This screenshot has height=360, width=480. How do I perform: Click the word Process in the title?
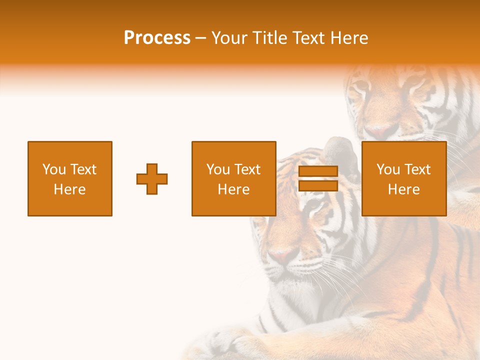157,38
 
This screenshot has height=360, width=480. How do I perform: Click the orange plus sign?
152,179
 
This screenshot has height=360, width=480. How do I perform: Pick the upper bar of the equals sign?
318,171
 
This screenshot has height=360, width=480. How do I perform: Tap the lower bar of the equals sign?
318,186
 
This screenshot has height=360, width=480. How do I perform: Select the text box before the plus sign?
70,178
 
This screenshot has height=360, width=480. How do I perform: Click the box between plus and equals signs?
233,178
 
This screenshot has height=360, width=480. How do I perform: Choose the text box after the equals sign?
403,178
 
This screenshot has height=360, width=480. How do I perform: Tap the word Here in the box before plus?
70,189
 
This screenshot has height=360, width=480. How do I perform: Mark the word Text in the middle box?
248,169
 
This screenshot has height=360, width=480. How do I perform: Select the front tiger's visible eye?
313,205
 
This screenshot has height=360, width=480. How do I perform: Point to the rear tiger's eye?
361,88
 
